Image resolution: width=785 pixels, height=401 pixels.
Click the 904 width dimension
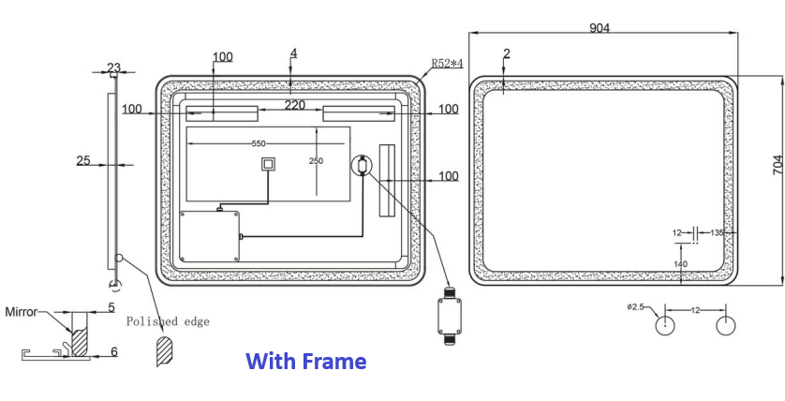point(600,28)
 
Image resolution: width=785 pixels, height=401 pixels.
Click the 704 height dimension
point(777,167)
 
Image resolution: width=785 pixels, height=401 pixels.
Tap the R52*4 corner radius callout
point(447,64)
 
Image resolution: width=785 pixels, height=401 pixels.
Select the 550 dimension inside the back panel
point(259,143)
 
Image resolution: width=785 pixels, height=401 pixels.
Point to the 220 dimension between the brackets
point(295,106)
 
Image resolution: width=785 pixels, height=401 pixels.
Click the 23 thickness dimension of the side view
point(113,67)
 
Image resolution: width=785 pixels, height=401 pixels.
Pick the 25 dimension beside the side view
point(82,160)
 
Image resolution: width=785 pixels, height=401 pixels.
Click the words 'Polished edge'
point(168,321)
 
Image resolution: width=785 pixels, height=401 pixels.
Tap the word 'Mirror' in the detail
point(21,310)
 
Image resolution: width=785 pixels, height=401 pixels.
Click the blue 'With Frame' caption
point(305,361)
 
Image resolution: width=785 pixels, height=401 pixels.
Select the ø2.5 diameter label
point(639,306)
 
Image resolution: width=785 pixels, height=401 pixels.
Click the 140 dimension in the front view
point(680,264)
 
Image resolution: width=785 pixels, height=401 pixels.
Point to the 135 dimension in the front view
point(718,232)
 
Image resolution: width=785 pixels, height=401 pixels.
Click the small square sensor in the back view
point(269,166)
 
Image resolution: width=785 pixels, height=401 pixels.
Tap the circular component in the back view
point(362,167)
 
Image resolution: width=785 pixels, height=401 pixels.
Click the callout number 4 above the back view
point(293,53)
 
